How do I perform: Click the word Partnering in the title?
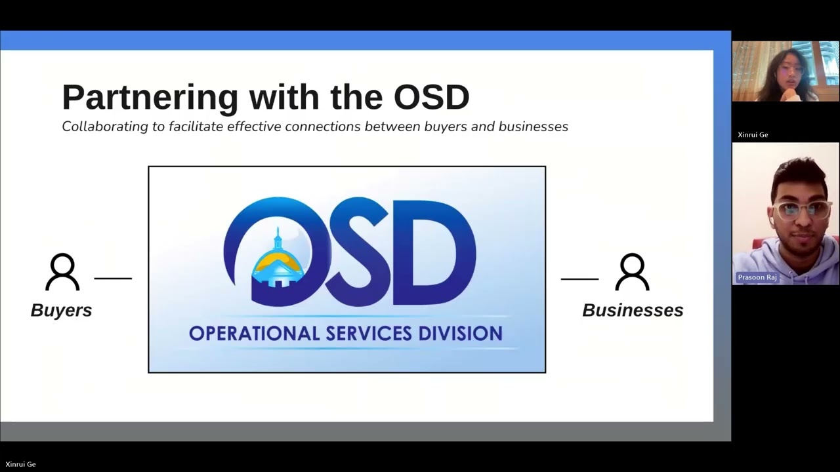pos(150,97)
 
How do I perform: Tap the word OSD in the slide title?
pos(431,96)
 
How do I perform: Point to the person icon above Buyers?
pos(62,273)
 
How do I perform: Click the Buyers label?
pos(61,310)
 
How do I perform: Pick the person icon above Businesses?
pos(632,273)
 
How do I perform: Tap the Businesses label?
pos(633,310)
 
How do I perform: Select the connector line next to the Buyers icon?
pos(113,279)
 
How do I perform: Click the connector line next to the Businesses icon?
pos(579,279)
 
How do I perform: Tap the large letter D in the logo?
pos(436,252)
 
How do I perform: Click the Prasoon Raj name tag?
pos(757,277)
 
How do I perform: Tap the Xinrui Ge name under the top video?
pos(753,135)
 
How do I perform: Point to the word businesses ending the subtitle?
pos(533,127)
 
